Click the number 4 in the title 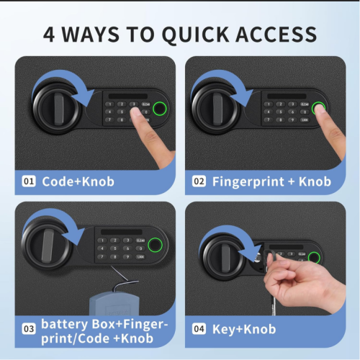click(50, 34)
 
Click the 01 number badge click(30, 181)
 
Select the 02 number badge click(199, 181)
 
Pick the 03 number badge click(30, 329)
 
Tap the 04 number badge click(199, 329)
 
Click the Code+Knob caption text click(78, 181)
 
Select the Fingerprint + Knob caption click(271, 181)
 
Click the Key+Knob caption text click(244, 329)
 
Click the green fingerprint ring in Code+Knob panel click(159, 109)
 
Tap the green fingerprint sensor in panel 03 click(153, 250)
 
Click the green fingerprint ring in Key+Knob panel click(314, 258)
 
